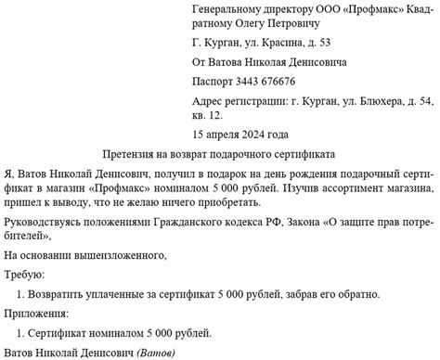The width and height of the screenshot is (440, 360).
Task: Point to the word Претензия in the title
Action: click(x=135, y=152)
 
